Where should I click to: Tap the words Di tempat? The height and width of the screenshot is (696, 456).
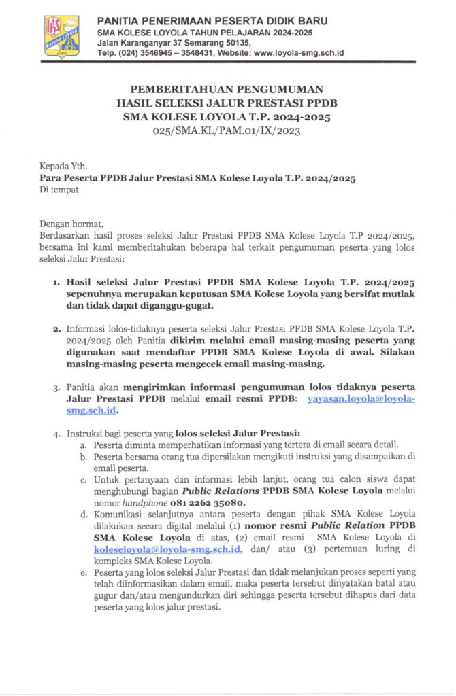(59, 190)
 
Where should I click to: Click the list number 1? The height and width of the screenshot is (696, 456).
(56, 281)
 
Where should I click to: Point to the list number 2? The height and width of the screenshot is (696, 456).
(56, 330)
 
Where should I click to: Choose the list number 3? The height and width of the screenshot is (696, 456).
(56, 388)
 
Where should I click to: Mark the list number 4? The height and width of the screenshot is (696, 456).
(56, 433)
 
